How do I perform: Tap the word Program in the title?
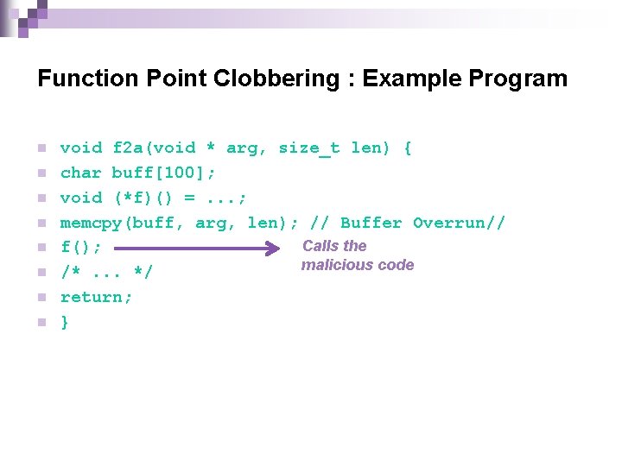[518, 79]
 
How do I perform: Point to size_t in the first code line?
[308, 148]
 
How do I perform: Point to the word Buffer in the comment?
[371, 223]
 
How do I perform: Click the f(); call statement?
[80, 248]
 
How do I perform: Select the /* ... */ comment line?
[106, 273]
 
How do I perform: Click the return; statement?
[96, 297]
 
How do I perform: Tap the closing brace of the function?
[65, 322]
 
